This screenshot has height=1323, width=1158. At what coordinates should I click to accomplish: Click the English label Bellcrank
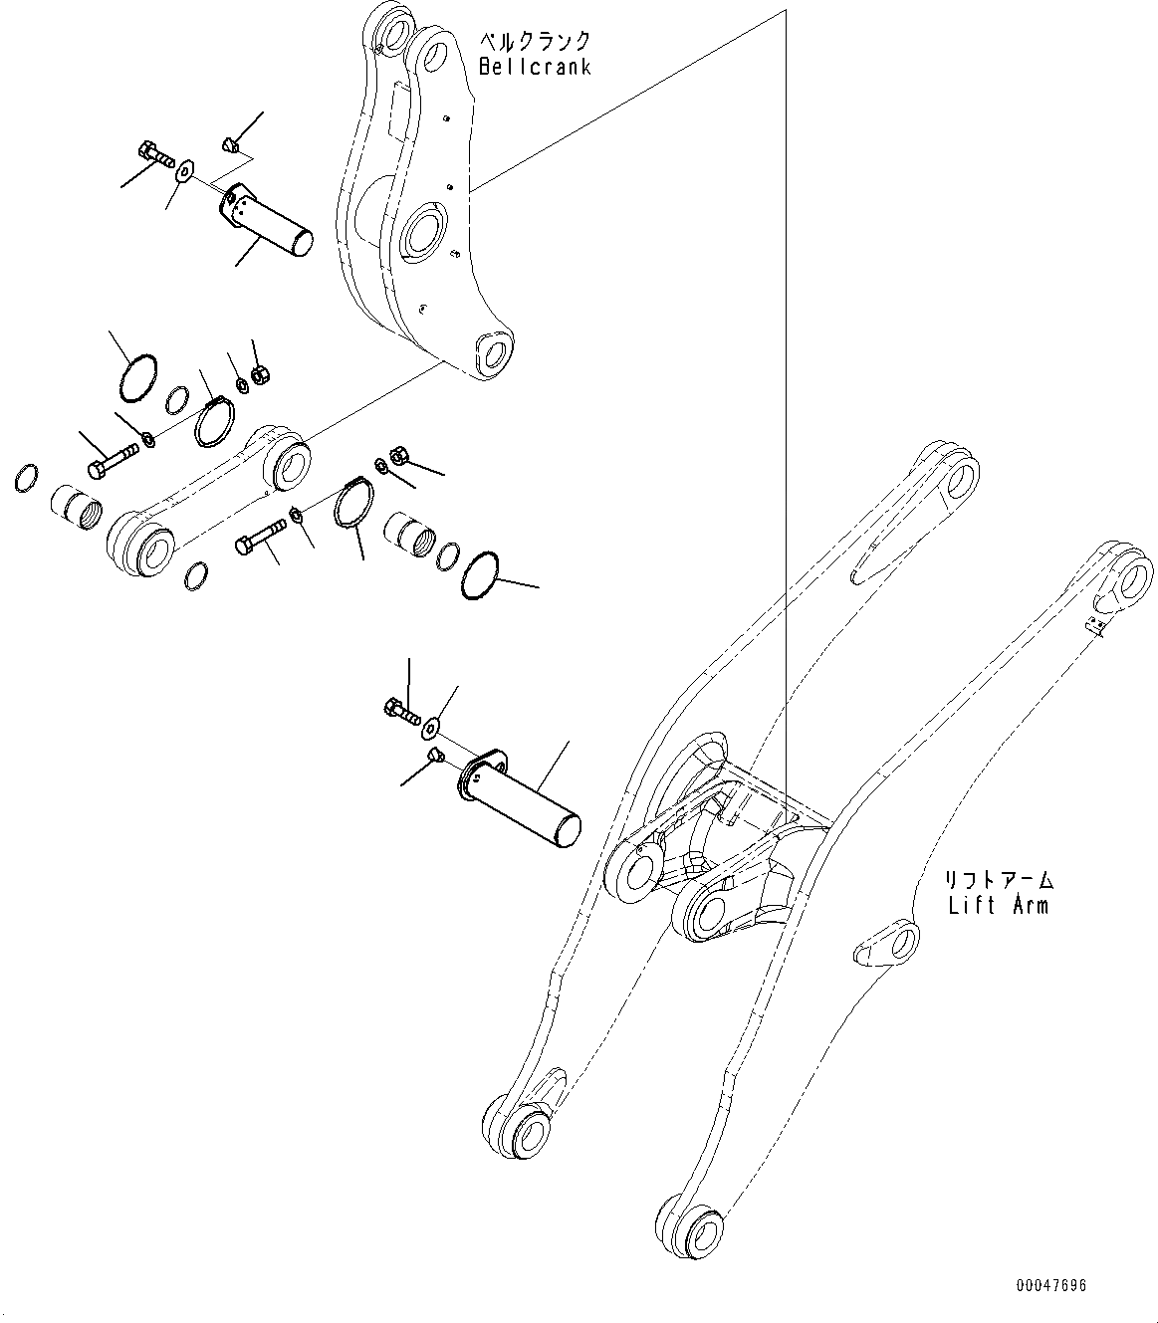pyautogui.click(x=535, y=67)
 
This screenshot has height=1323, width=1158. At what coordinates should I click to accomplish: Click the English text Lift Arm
pyautogui.click(x=998, y=905)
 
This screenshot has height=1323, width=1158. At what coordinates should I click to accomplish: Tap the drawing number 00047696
pyautogui.click(x=1051, y=1285)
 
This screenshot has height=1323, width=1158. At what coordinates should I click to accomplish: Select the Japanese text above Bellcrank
pyautogui.click(x=535, y=42)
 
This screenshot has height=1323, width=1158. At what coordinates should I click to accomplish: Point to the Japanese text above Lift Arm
pyautogui.click(x=999, y=881)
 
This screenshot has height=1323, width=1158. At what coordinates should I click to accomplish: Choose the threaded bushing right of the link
pyautogui.click(x=411, y=537)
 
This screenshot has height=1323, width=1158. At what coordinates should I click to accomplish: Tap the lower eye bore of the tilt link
pyautogui.click(x=155, y=550)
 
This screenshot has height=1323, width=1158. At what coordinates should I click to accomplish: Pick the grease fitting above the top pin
pyautogui.click(x=232, y=146)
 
